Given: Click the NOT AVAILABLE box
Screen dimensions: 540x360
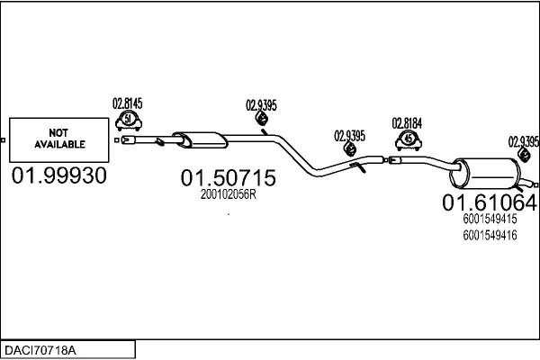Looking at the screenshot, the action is coord(58,139).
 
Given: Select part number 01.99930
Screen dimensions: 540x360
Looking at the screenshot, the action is coord(58,175).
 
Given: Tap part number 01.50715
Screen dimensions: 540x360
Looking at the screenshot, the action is coord(228,178).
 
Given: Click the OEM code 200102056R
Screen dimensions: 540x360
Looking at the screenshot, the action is coord(229,194).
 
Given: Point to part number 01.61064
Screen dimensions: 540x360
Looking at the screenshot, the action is coord(490,202).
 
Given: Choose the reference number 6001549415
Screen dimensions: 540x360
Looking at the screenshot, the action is coord(490,219).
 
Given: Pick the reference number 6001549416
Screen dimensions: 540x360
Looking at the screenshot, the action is coord(490,235).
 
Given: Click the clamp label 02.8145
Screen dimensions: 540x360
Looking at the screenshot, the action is coord(128,103).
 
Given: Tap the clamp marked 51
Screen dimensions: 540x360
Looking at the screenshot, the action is coord(129,121).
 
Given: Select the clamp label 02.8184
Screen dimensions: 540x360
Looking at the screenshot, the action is coord(407,123).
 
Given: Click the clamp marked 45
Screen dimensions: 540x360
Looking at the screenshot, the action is coord(409,139).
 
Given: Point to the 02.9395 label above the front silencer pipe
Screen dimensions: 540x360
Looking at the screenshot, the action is coord(261,105).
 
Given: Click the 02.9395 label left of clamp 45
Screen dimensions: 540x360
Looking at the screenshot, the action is coord(349,136).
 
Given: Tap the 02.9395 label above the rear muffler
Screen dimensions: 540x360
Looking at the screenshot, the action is coord(524,141).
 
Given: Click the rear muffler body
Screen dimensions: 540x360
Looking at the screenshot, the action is coord(486,174).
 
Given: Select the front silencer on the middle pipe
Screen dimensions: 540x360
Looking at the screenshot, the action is coord(200,139).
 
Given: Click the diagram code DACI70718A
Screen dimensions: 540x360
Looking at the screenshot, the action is coord(40,350).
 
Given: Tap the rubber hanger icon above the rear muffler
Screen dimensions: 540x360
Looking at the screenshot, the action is coord(524,155).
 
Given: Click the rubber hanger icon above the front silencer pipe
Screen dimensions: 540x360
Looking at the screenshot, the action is coord(262,119).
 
